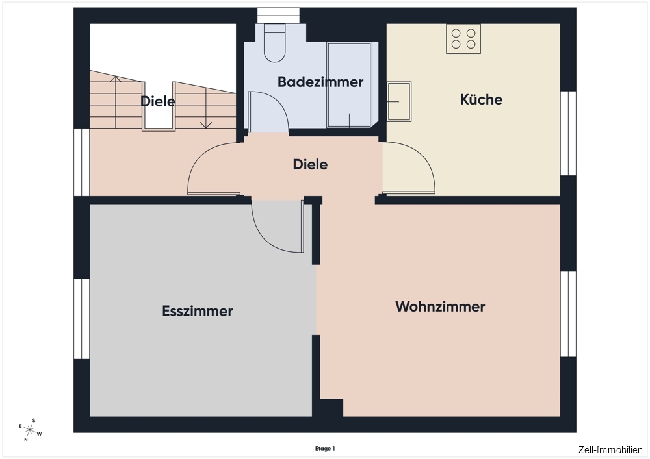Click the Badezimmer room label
(x=320, y=82)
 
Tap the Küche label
(x=481, y=99)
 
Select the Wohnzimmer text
(x=440, y=306)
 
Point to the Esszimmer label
(x=198, y=311)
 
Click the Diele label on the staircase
(x=158, y=101)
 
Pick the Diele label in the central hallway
(x=310, y=164)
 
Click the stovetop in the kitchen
(x=463, y=39)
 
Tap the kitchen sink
(x=399, y=101)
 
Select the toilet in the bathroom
(x=275, y=43)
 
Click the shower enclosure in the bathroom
(x=350, y=84)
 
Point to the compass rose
(x=30, y=430)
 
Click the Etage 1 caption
(x=325, y=449)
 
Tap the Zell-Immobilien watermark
(x=610, y=450)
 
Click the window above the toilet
(x=279, y=16)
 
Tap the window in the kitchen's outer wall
(x=568, y=133)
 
